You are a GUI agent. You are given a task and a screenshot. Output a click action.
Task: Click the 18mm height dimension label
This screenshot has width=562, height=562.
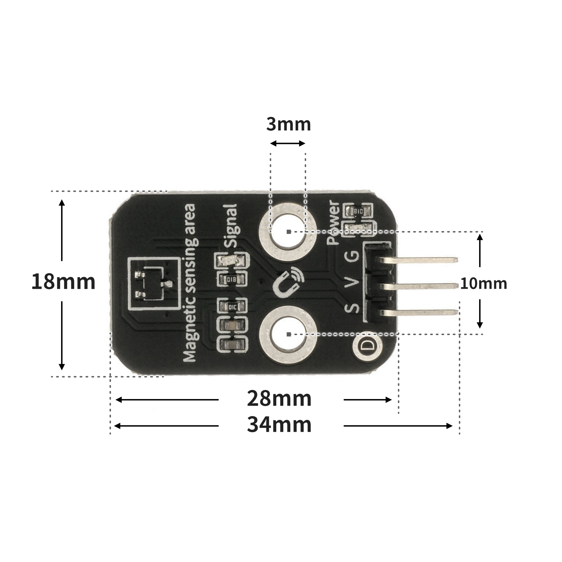[x=63, y=282]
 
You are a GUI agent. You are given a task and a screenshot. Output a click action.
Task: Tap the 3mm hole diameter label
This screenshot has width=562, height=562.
[x=288, y=125]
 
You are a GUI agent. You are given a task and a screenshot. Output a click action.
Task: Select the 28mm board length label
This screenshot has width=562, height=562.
[x=279, y=399]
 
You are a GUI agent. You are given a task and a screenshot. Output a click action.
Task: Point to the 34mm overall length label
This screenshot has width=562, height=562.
[x=279, y=425]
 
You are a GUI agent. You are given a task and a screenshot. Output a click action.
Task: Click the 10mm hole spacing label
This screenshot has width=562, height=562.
[x=483, y=283]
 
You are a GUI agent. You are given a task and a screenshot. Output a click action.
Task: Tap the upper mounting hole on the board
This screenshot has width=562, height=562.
[x=288, y=231]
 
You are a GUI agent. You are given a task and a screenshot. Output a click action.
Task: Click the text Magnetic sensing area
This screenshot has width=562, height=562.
[x=190, y=283]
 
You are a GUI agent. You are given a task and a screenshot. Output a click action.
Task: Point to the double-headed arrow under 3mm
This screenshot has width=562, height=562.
[x=288, y=143]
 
